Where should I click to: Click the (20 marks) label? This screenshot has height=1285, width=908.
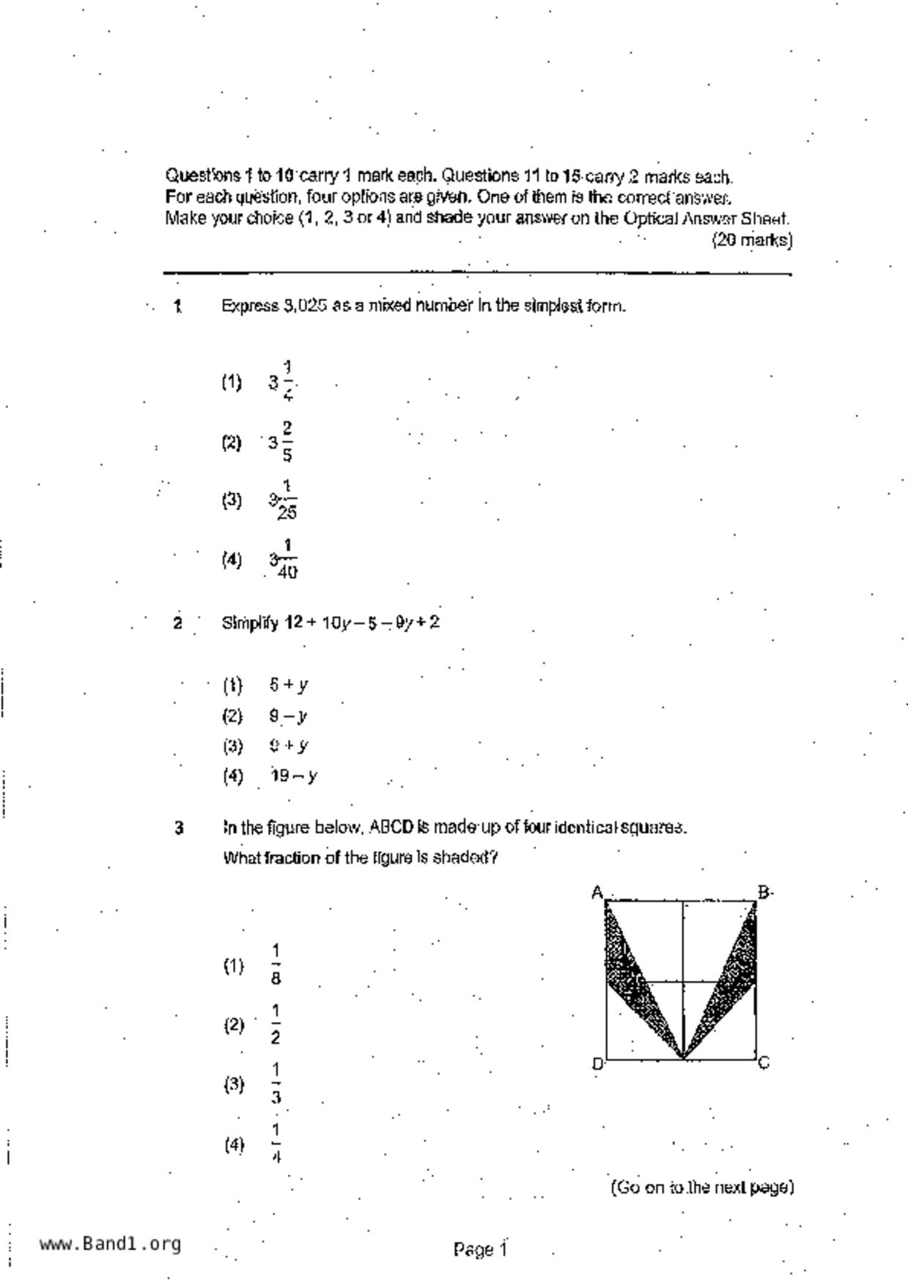pyautogui.click(x=752, y=240)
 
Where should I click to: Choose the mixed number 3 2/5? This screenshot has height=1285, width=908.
pyautogui.click(x=282, y=442)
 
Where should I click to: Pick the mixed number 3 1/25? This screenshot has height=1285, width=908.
pyautogui.click(x=283, y=500)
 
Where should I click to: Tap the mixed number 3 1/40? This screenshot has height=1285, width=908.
pyautogui.click(x=283, y=560)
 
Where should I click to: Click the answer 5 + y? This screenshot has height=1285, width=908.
pyautogui.click(x=288, y=685)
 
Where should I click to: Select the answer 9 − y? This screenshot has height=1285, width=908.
pyautogui.click(x=288, y=716)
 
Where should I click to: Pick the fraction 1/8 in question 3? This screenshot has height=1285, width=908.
pyautogui.click(x=276, y=965)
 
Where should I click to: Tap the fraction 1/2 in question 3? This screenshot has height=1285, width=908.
pyautogui.click(x=276, y=1024)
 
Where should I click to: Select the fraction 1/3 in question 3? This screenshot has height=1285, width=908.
pyautogui.click(x=276, y=1084)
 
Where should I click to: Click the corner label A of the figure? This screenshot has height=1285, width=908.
pyautogui.click(x=597, y=892)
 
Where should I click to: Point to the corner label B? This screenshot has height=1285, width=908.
pyautogui.click(x=764, y=892)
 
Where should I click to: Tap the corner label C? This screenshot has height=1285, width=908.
pyautogui.click(x=764, y=1063)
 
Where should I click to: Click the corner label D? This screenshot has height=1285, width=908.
pyautogui.click(x=597, y=1064)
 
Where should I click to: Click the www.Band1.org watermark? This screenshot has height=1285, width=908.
pyautogui.click(x=110, y=1244)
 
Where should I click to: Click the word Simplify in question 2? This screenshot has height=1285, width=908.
pyautogui.click(x=250, y=623)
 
